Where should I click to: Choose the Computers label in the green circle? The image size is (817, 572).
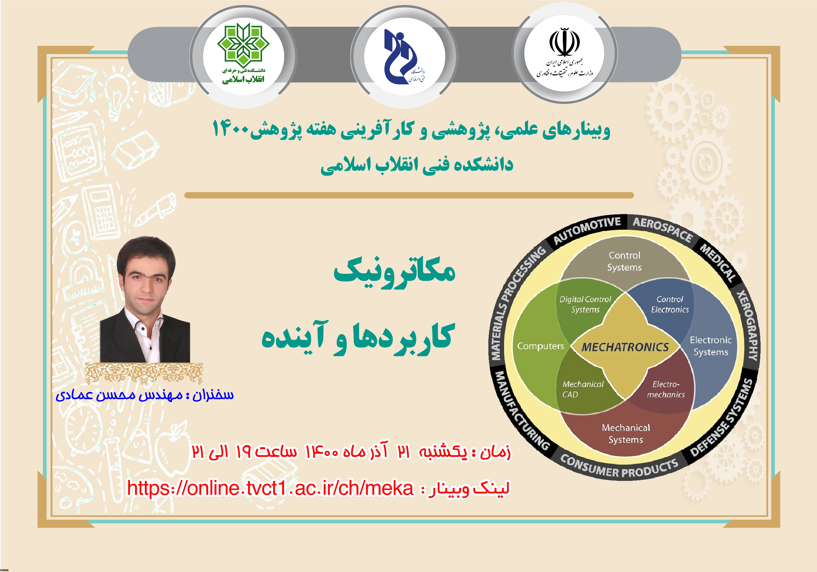(541, 346)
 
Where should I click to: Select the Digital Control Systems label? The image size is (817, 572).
(585, 304)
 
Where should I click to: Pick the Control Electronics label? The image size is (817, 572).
(670, 304)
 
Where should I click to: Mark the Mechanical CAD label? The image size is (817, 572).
(583, 389)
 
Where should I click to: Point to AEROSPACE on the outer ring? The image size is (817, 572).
(663, 229)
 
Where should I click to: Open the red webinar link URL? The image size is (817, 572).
(270, 488)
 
